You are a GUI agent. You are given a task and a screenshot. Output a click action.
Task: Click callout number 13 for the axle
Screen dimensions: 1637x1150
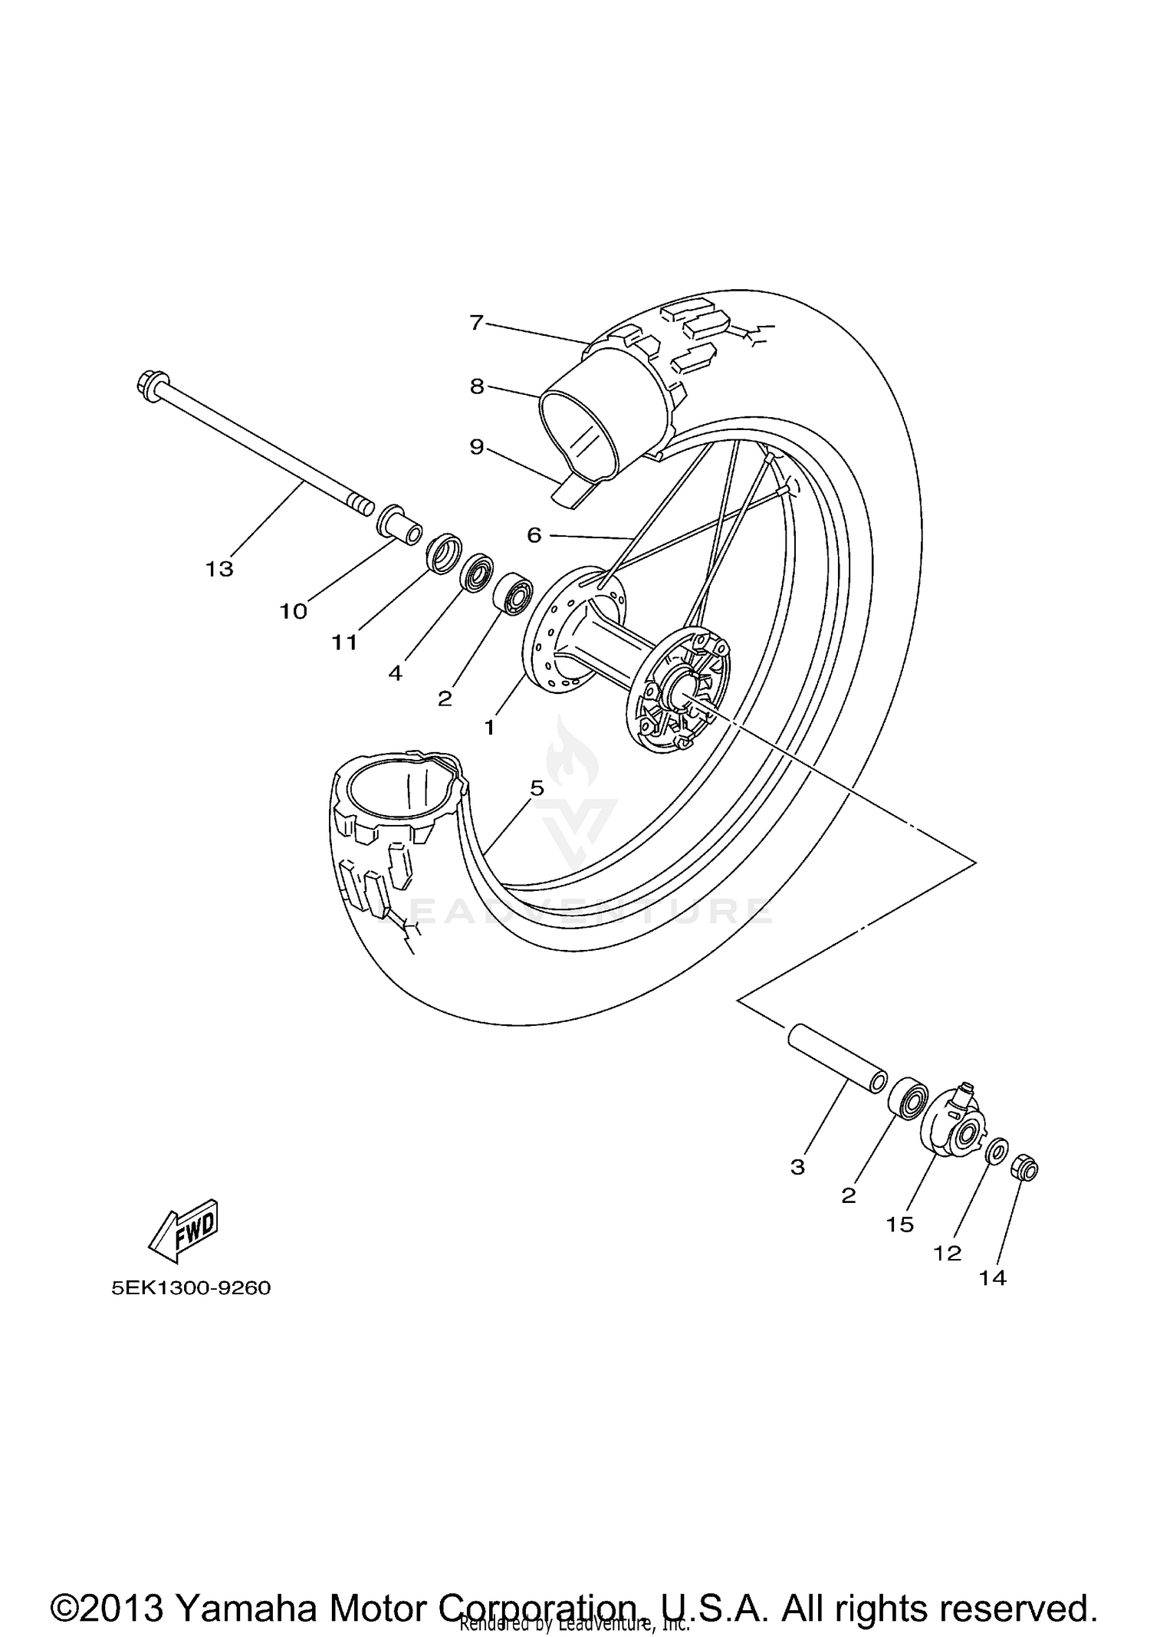(219, 569)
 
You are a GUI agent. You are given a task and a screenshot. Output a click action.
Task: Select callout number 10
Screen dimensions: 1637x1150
(293, 611)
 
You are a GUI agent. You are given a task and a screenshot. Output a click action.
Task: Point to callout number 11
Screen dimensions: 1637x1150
(345, 643)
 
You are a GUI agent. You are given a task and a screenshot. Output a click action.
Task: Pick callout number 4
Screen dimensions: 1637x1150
(396, 673)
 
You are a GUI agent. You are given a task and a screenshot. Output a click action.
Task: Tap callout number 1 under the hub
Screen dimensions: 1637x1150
(490, 727)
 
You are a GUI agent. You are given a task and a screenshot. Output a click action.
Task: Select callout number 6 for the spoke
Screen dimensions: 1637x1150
(534, 534)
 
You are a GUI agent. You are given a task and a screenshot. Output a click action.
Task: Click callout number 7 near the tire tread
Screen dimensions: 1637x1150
(477, 323)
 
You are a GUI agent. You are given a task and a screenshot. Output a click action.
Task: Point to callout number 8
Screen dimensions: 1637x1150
(477, 386)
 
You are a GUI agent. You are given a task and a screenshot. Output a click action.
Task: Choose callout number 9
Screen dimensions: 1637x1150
(477, 446)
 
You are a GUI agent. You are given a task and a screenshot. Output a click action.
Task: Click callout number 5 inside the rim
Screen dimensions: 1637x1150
(537, 787)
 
